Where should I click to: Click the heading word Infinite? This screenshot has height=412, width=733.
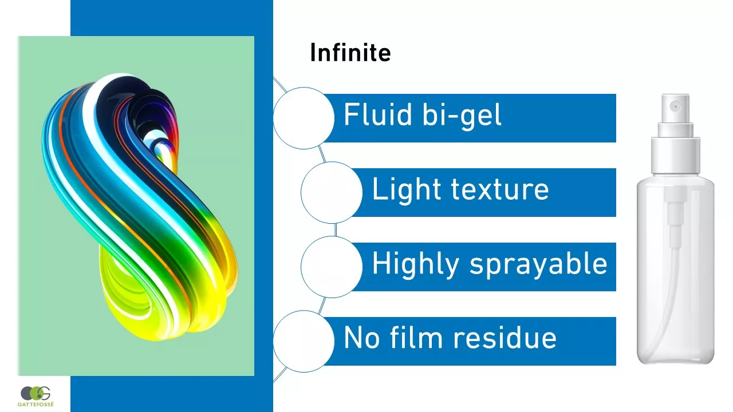tap(350, 52)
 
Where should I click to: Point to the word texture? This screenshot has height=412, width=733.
tap(500, 189)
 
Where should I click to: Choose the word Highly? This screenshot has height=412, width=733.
tap(416, 265)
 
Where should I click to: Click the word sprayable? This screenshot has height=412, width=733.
tap(539, 265)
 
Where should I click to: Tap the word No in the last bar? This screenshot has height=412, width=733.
tap(361, 338)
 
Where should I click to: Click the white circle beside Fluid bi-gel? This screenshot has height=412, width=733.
tap(304, 118)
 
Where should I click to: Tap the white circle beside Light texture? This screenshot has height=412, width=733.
tap(332, 193)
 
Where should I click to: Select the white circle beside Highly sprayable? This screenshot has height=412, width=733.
tap(332, 267)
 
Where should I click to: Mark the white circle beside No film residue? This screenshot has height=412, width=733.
tap(304, 342)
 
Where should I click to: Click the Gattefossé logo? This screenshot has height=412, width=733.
tap(36, 397)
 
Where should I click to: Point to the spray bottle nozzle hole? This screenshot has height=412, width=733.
tap(675, 106)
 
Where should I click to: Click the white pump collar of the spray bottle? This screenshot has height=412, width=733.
tap(675, 156)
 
